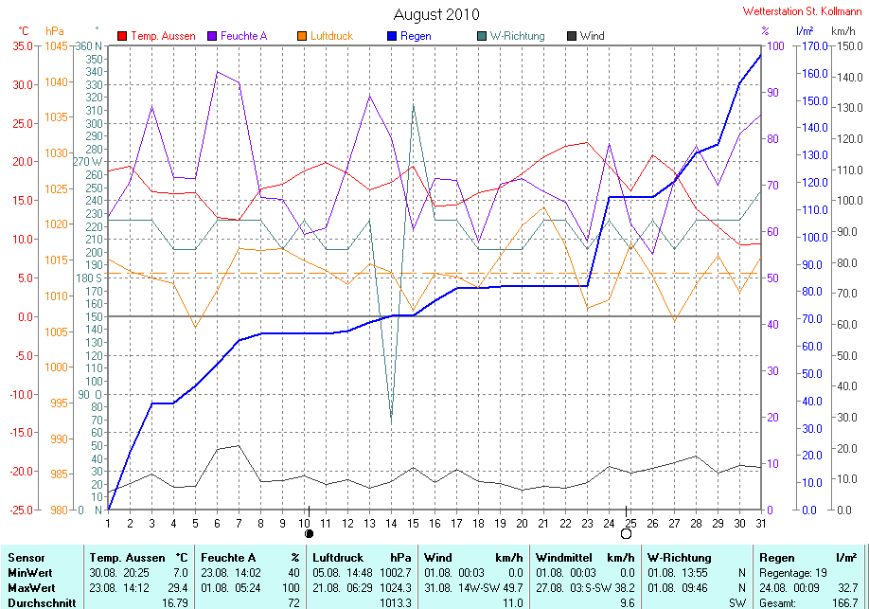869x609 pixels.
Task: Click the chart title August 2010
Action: [x=436, y=14]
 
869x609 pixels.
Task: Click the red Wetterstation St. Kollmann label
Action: [x=802, y=11]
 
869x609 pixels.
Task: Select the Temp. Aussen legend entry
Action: [x=156, y=36]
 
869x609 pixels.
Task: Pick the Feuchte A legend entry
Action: [x=238, y=36]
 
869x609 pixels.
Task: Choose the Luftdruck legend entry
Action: [x=326, y=36]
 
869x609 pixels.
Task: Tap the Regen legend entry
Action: [x=409, y=36]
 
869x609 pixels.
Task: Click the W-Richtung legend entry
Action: [x=510, y=36]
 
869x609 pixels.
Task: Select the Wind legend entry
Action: [x=585, y=36]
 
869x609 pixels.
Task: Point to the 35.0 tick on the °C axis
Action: [x=22, y=46]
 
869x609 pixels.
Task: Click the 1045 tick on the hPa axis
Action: [x=56, y=46]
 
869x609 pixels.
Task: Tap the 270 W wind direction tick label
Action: [x=88, y=162]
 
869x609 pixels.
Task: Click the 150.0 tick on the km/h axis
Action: [x=849, y=46]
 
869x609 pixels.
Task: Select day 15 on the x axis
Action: [x=413, y=523]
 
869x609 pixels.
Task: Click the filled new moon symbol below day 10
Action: [x=310, y=533]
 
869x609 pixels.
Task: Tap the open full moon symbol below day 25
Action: [x=627, y=533]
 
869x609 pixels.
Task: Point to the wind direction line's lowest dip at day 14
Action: [x=391, y=422]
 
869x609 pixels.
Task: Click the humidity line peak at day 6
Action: [x=218, y=72]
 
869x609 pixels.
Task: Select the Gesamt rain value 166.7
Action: [x=844, y=603]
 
